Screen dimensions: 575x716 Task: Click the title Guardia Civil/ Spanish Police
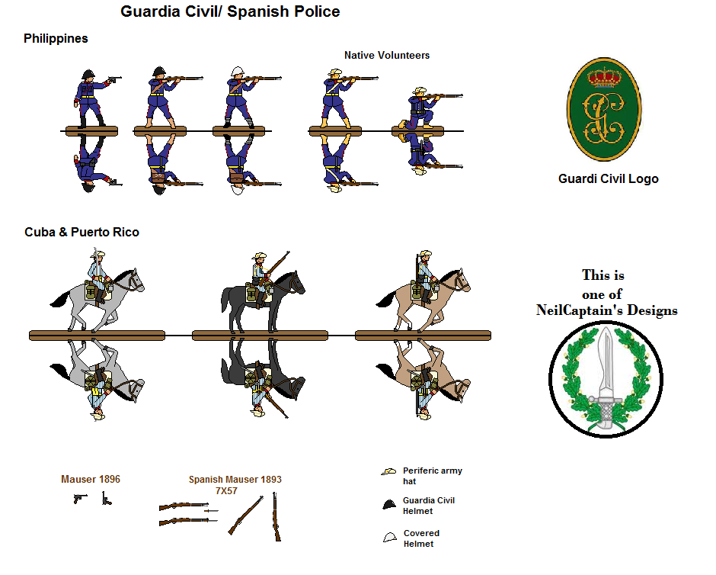[x=230, y=12]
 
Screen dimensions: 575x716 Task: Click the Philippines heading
[x=56, y=38]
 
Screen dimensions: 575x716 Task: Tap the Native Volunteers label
[x=386, y=56]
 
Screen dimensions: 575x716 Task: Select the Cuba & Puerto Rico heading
[x=82, y=232]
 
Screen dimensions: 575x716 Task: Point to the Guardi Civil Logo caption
[x=608, y=179]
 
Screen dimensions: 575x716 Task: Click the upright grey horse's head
[x=134, y=280]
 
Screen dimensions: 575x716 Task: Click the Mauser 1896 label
[x=91, y=480]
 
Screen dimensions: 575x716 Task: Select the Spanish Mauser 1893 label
[x=235, y=480]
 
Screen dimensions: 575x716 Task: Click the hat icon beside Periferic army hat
[x=389, y=473]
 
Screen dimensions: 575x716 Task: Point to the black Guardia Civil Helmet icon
[x=389, y=504]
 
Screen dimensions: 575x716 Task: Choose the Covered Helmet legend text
[x=421, y=538]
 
